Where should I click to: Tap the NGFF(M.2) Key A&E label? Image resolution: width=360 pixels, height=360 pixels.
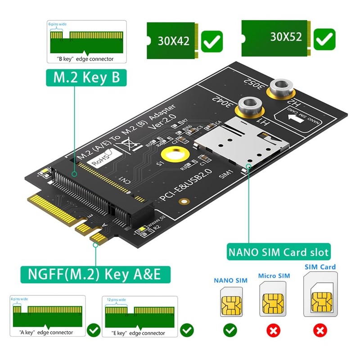(90, 273)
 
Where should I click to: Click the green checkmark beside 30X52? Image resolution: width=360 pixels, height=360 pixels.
(324, 39)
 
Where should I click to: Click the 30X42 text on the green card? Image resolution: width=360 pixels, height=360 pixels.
(173, 41)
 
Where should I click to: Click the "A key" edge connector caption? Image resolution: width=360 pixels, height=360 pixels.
(46, 333)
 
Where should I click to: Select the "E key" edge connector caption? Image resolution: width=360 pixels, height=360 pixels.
(138, 333)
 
